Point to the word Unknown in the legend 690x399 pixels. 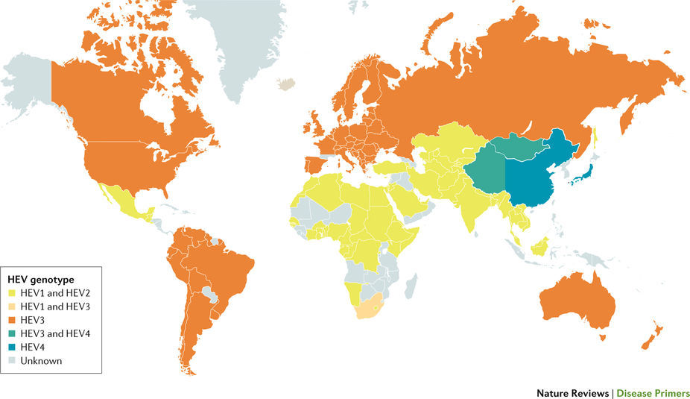[x=42, y=361]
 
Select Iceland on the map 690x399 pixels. [x=285, y=84]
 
